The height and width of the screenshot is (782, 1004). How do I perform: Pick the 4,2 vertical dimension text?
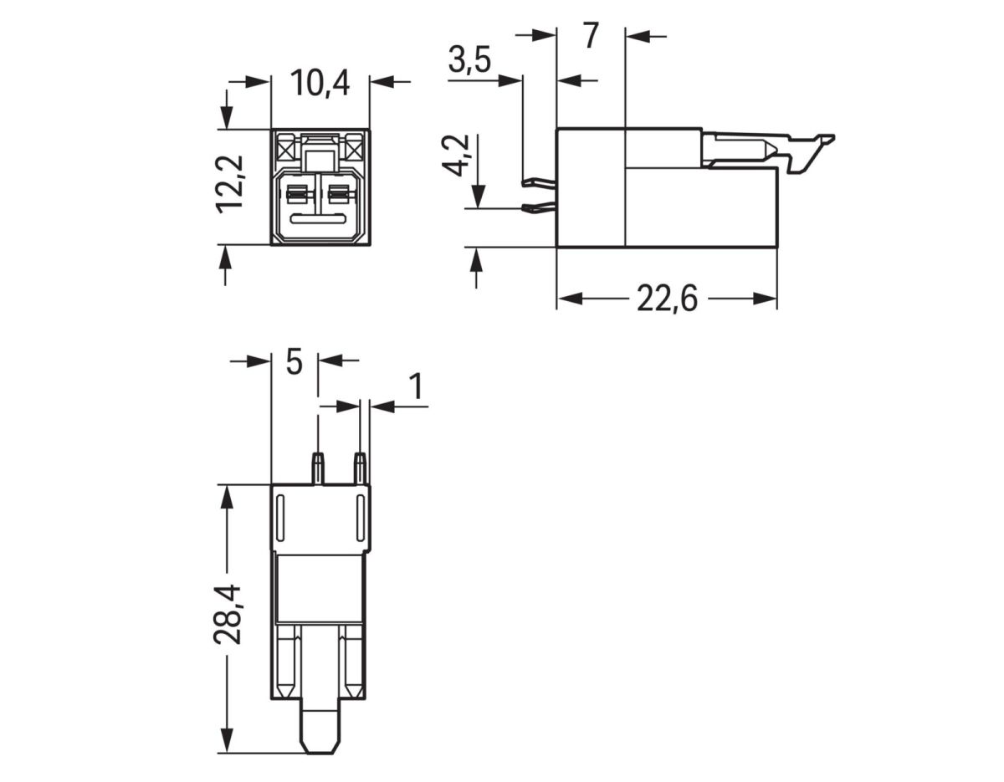coord(457,156)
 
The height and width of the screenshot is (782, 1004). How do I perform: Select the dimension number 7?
coord(591,37)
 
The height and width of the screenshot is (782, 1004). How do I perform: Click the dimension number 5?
coord(294,362)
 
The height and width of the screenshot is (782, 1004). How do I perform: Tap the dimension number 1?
coord(415,387)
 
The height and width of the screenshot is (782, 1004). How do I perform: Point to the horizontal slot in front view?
coord(319,220)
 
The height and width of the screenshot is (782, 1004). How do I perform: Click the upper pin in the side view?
coord(538,181)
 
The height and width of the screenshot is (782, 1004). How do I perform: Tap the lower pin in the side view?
coord(538,208)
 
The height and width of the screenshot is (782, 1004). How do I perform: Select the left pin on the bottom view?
coord(318,468)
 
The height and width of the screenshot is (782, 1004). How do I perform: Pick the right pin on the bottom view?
coord(360,468)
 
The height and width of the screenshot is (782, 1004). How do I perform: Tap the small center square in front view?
coord(319,160)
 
